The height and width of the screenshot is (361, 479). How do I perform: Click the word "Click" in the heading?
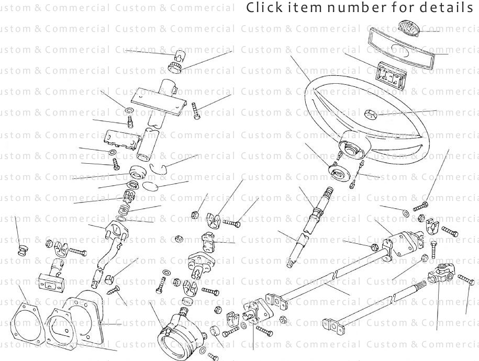tap(260, 8)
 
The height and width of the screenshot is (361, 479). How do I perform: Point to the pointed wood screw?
tap(114, 289)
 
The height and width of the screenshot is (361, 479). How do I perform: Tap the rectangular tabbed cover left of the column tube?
tap(121, 139)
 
